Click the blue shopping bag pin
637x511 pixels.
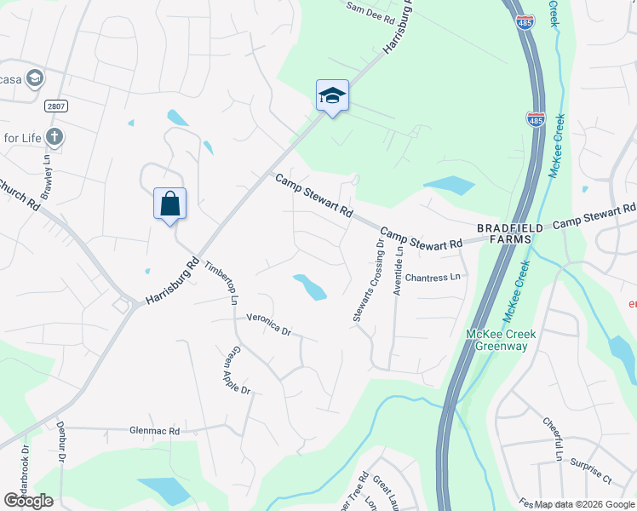[x=169, y=204]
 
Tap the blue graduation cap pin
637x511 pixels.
[x=332, y=95]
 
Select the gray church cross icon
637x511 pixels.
[x=55, y=136]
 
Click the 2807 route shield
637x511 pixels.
[x=56, y=105]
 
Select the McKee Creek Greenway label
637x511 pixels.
[x=501, y=340]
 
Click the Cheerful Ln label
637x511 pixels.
[x=554, y=439]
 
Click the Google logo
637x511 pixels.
[x=28, y=501]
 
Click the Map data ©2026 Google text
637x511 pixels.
[x=585, y=504]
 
